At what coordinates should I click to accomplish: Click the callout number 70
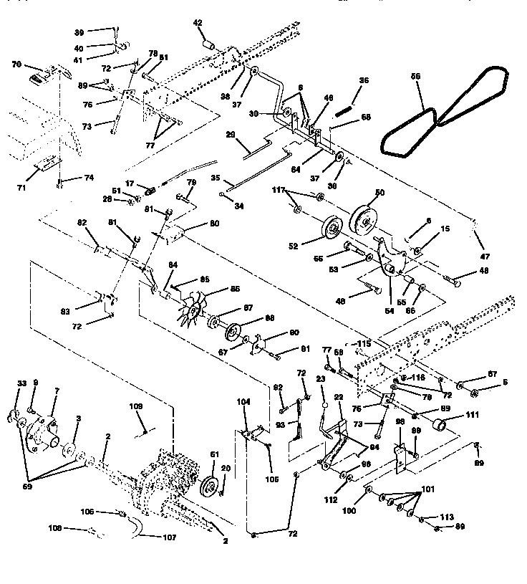(x=16, y=64)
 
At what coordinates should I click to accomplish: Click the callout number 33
(x=21, y=383)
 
